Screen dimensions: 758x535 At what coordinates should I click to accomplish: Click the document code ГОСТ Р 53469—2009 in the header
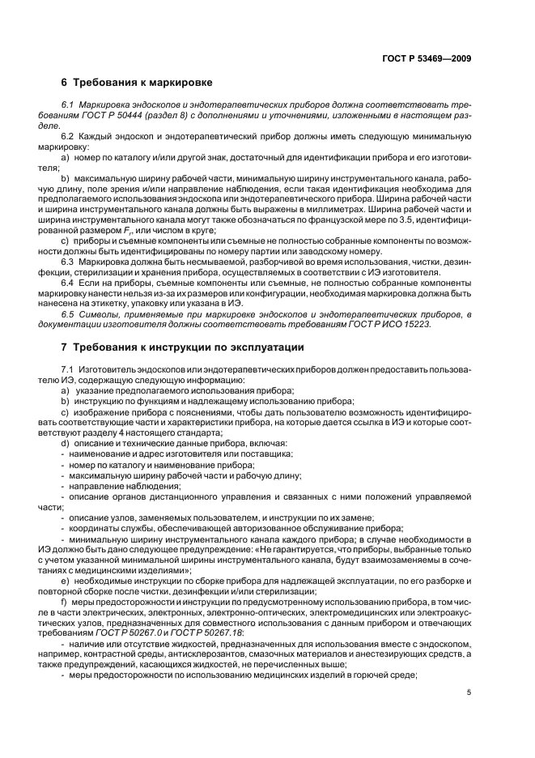[x=427, y=57]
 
